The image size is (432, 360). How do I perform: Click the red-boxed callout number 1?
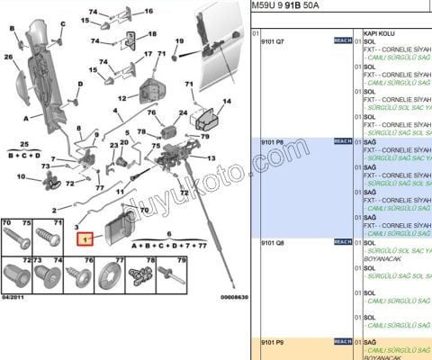[x=85, y=239]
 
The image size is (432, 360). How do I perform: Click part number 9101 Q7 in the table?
[x=274, y=41]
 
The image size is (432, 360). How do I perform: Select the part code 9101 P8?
[x=274, y=141]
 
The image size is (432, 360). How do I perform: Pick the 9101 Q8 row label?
[x=274, y=242]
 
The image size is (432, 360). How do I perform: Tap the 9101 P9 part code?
[x=274, y=342]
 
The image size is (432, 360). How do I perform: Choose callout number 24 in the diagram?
[x=183, y=112]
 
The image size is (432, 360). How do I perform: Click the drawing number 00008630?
[x=233, y=296]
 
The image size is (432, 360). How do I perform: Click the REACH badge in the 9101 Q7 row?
[x=342, y=41]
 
